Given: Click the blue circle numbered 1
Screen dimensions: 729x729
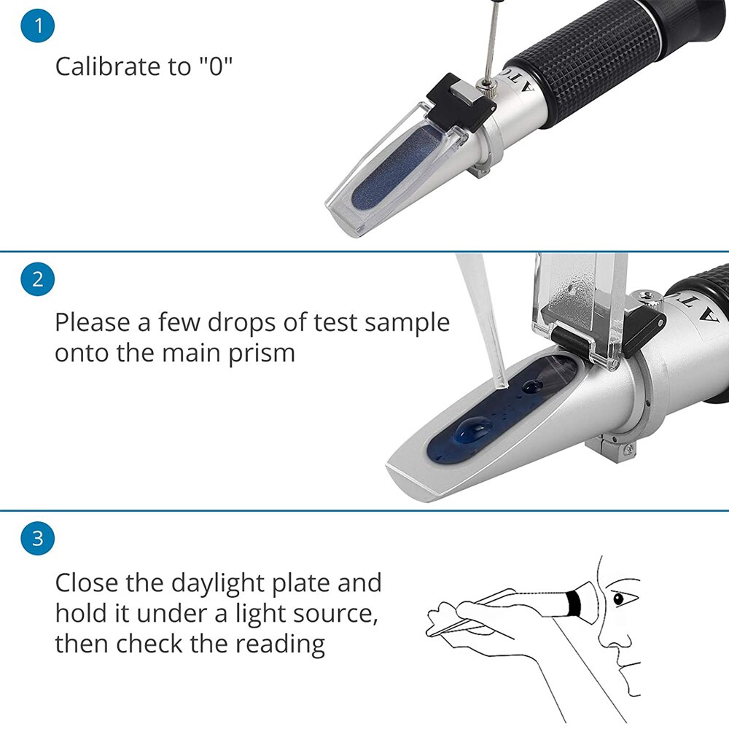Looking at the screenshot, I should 38,26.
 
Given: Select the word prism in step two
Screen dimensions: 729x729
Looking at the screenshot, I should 265,353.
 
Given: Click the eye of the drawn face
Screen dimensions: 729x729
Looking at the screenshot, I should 618,599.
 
